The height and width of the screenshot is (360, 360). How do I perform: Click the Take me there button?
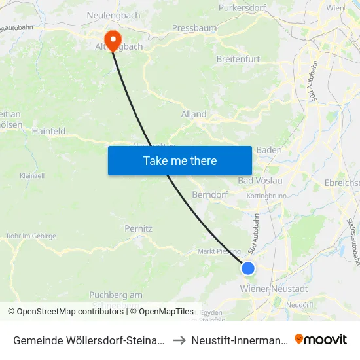point(179,160)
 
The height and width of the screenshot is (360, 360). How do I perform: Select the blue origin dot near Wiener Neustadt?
point(248,268)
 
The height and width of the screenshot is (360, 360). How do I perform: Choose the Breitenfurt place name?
point(238,59)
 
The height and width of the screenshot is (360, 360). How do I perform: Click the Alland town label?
point(194,114)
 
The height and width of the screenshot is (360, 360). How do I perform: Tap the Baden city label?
point(269,150)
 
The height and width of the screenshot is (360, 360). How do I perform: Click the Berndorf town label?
point(209,194)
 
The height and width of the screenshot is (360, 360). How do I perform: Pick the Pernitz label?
point(138,229)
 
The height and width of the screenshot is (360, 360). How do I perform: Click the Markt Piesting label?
point(219,251)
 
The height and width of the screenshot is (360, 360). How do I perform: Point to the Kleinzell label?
point(32,175)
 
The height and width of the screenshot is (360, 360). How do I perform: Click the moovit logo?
point(321,339)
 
